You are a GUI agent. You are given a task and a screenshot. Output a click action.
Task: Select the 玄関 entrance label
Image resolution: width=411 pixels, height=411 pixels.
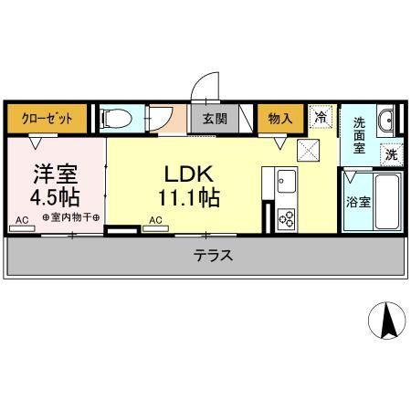point(214,119)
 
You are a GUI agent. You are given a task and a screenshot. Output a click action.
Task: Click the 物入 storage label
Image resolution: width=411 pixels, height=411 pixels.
point(279,118)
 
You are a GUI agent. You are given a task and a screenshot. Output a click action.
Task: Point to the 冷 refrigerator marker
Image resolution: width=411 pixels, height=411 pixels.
point(321,116)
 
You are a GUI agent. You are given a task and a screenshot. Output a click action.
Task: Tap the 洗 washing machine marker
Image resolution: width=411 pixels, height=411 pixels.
point(391,155)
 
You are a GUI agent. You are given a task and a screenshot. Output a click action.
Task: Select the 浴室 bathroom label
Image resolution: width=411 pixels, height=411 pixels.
point(358,203)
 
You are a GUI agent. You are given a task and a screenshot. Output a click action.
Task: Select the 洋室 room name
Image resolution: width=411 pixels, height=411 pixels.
point(55,172)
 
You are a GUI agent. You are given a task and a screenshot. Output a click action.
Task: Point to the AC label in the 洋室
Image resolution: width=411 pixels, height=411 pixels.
point(21,219)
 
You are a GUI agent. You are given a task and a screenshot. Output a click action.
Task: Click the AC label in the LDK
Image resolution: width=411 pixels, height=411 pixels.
point(155,219)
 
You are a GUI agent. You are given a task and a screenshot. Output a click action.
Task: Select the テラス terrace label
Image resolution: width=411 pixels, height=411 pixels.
point(213,256)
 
